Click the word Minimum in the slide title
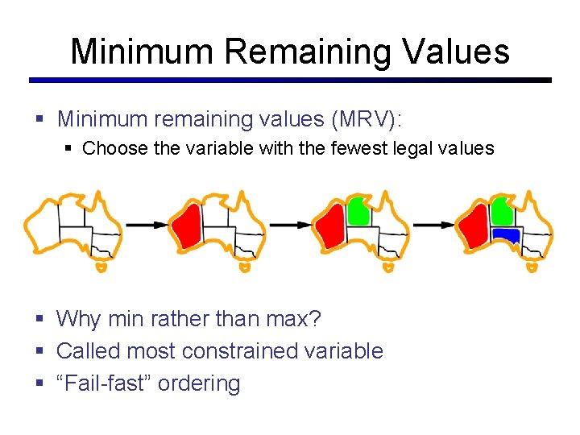tap(142, 52)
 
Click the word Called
tap(86, 351)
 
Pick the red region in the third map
tap(329, 226)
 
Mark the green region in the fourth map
tap(500, 210)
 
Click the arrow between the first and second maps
tap(144, 226)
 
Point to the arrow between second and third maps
tap(289, 226)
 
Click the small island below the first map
tap(101, 266)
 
